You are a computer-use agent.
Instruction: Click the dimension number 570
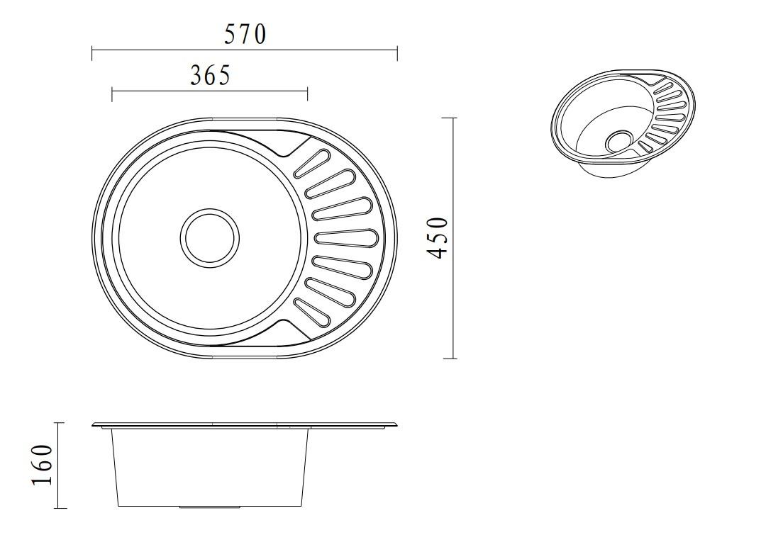click(x=245, y=34)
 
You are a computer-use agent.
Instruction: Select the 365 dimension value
click(x=210, y=75)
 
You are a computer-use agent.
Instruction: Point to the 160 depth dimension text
click(x=42, y=465)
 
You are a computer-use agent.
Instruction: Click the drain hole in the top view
click(x=209, y=238)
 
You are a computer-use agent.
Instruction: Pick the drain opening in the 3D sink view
click(x=619, y=141)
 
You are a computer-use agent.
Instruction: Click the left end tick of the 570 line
click(x=92, y=53)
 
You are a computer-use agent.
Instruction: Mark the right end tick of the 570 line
click(x=397, y=53)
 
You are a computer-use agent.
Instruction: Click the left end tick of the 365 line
click(x=112, y=94)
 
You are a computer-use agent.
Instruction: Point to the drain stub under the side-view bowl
click(x=191, y=507)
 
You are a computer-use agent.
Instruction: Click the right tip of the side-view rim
click(x=396, y=425)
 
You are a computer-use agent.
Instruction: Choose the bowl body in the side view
click(x=210, y=468)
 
